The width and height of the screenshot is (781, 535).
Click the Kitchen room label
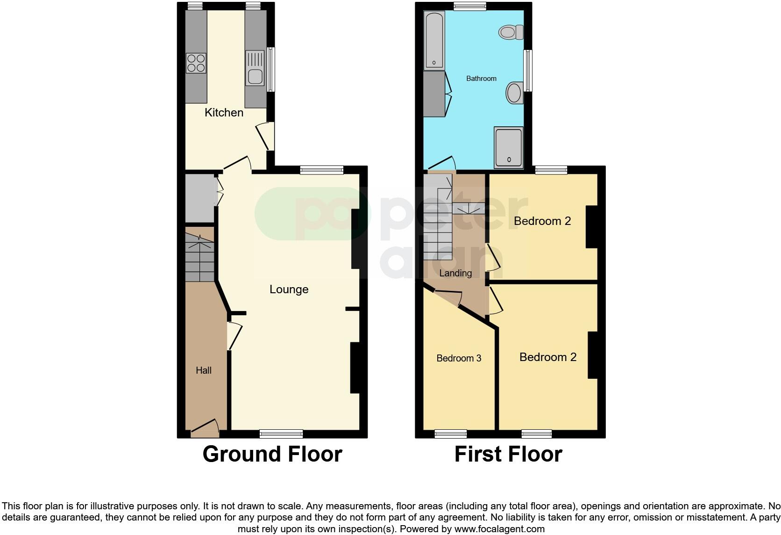(x=224, y=113)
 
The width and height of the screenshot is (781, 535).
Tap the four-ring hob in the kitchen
(x=196, y=63)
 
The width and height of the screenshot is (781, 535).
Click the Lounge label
(x=289, y=289)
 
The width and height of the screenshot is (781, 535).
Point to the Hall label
(x=204, y=370)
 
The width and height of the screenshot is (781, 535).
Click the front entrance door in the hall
(x=205, y=427)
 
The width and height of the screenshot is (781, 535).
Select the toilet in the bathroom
(x=511, y=32)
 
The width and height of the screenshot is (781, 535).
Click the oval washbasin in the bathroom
(x=514, y=93)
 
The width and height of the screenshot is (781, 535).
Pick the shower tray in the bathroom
(x=509, y=147)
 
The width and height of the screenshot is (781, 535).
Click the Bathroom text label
(x=481, y=79)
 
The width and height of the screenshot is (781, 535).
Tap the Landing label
(x=455, y=273)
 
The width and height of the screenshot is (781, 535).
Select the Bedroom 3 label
(x=459, y=358)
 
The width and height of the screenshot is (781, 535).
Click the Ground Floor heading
(x=272, y=454)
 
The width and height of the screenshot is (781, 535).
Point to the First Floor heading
(x=508, y=454)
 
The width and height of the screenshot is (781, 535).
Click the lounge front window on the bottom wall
(x=281, y=434)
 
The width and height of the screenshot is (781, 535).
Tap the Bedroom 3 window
(x=451, y=434)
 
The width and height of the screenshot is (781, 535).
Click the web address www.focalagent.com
(x=499, y=529)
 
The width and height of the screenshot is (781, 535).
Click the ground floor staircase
(x=199, y=257)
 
